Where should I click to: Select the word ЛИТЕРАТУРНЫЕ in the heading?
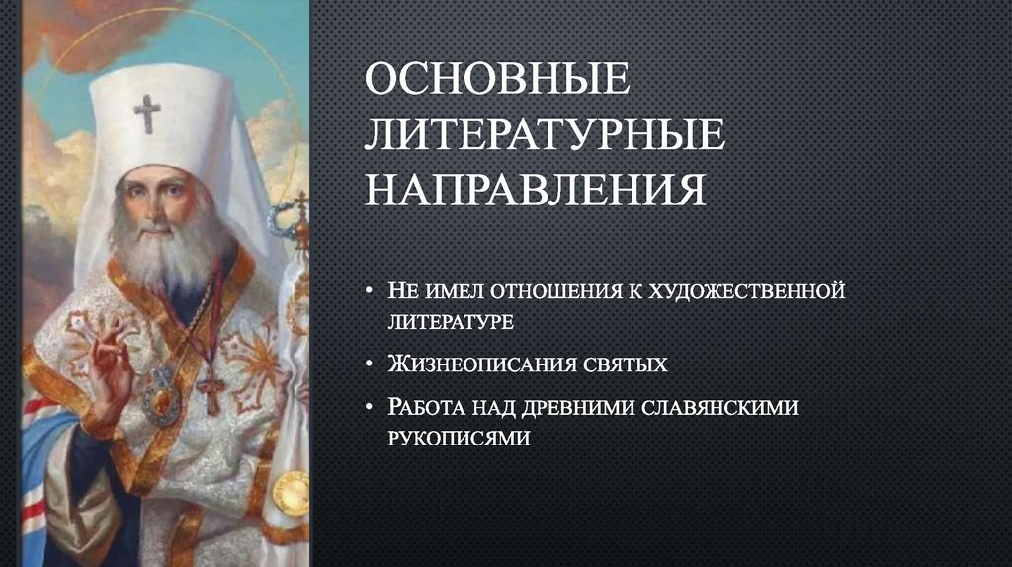[545, 135]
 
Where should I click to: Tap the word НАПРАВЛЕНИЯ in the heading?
[535, 190]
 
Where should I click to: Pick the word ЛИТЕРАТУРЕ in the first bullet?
[449, 321]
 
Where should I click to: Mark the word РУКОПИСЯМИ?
[459, 437]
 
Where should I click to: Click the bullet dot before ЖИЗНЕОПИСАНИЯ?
[368, 365]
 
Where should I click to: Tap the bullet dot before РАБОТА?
[368, 408]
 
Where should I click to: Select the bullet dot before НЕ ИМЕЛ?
[368, 292]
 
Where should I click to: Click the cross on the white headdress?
[147, 113]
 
